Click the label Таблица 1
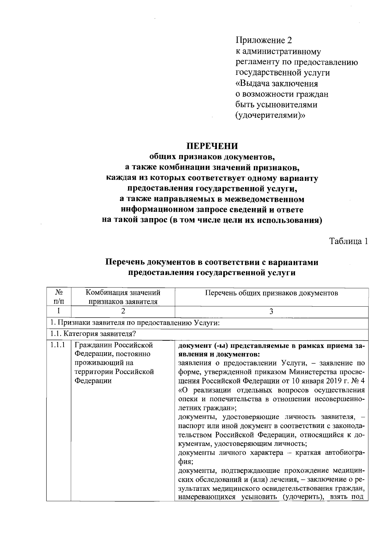click(x=348, y=241)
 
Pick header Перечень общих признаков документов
click(x=271, y=293)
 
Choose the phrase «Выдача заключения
click(x=276, y=83)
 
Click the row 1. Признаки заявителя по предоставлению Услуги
click(x=135, y=323)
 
